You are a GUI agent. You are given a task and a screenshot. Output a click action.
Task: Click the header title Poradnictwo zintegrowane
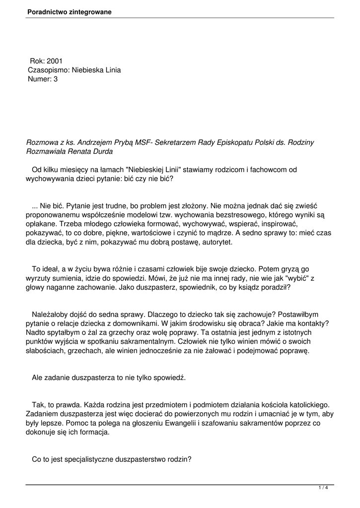[70, 11]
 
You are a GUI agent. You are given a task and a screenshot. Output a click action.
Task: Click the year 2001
[55, 61]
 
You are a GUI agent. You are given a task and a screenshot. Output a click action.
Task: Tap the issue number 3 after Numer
[56, 79]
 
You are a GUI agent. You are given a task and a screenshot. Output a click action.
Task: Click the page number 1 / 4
[323, 489]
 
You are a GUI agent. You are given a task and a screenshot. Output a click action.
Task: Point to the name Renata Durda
[95, 151]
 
